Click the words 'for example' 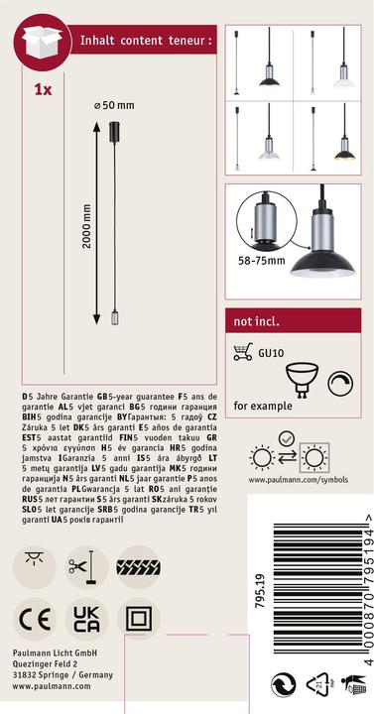coord(263,406)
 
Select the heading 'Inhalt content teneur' coord(146,42)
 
